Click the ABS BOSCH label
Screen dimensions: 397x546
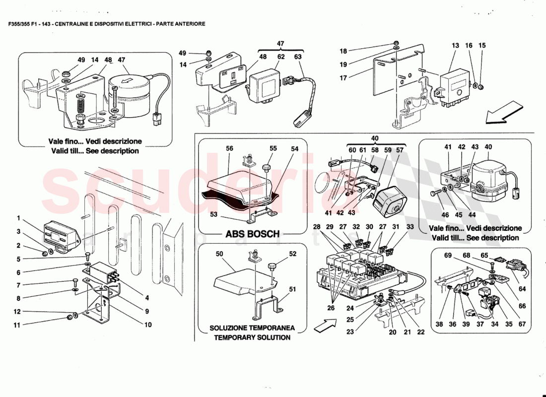tap(252, 234)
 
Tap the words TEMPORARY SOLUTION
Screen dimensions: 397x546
tap(252, 337)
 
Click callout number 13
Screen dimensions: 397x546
tap(455, 46)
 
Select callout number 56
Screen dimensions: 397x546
tap(229, 148)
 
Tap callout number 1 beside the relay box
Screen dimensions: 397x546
tap(18, 218)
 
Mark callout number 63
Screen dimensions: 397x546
tap(298, 57)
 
